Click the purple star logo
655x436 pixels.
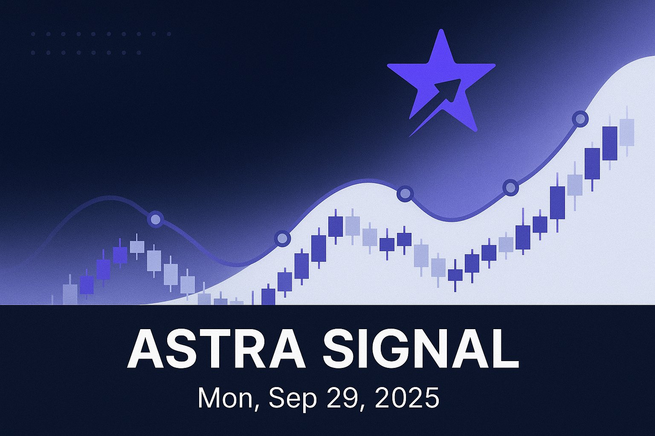pos(441,85)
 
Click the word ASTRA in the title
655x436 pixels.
pos(217,349)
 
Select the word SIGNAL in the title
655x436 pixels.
pos(421,349)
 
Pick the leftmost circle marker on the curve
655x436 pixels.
pos(155,219)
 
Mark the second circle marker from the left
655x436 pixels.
pos(282,238)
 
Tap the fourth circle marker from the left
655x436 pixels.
pos(510,187)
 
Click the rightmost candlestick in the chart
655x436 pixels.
pos(627,132)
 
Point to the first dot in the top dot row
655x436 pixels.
pos(33,34)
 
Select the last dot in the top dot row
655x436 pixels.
pos(169,34)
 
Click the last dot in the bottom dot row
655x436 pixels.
pos(139,53)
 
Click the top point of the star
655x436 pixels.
pos(441,30)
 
